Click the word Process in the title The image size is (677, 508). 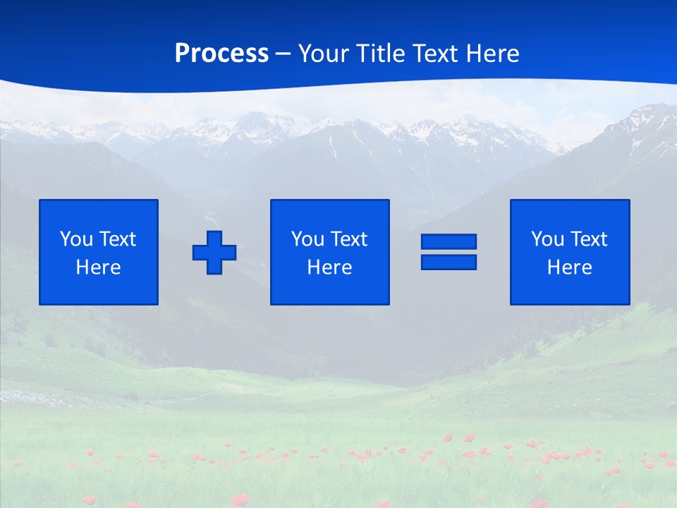tap(221, 54)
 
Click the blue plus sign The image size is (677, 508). tap(214, 253)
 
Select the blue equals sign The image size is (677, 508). tap(449, 252)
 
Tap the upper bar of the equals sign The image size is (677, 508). tap(449, 242)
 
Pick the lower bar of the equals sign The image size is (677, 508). tap(449, 262)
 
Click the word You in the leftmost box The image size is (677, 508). tap(76, 239)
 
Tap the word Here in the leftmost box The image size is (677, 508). tap(99, 267)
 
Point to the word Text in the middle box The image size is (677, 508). tap(349, 239)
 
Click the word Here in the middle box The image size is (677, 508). tap(329, 267)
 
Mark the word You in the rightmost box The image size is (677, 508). tap(547, 239)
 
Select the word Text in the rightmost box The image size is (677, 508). tap(589, 239)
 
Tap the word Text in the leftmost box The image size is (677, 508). tap(118, 239)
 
